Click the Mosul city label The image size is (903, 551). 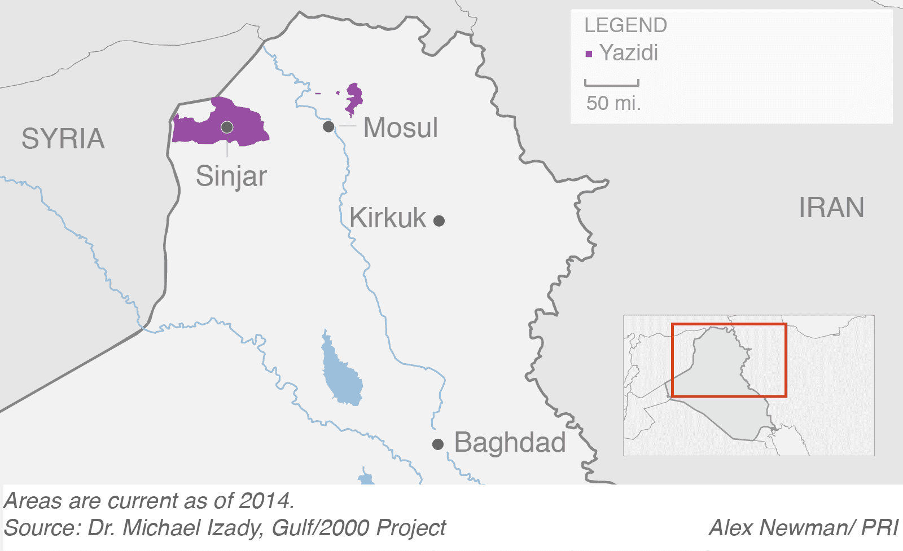(x=400, y=127)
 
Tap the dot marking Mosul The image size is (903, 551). (x=328, y=127)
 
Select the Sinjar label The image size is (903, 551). (x=231, y=176)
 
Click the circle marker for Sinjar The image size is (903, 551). (x=227, y=127)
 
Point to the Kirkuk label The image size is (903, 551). (x=388, y=218)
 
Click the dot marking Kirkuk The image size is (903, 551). (x=439, y=221)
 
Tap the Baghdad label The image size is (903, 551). (x=510, y=442)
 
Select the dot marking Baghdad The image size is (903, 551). (x=438, y=444)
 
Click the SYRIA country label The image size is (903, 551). (x=63, y=139)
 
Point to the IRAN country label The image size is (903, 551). (x=831, y=208)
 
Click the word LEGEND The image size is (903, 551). (x=625, y=25)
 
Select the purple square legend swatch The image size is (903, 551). (x=589, y=54)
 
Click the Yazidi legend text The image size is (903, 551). (x=629, y=53)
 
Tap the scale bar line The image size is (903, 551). (x=612, y=85)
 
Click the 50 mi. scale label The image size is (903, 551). (x=613, y=103)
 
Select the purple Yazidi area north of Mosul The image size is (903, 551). (x=354, y=98)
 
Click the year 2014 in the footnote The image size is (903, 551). (x=265, y=501)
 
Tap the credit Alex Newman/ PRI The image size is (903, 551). (x=803, y=528)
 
